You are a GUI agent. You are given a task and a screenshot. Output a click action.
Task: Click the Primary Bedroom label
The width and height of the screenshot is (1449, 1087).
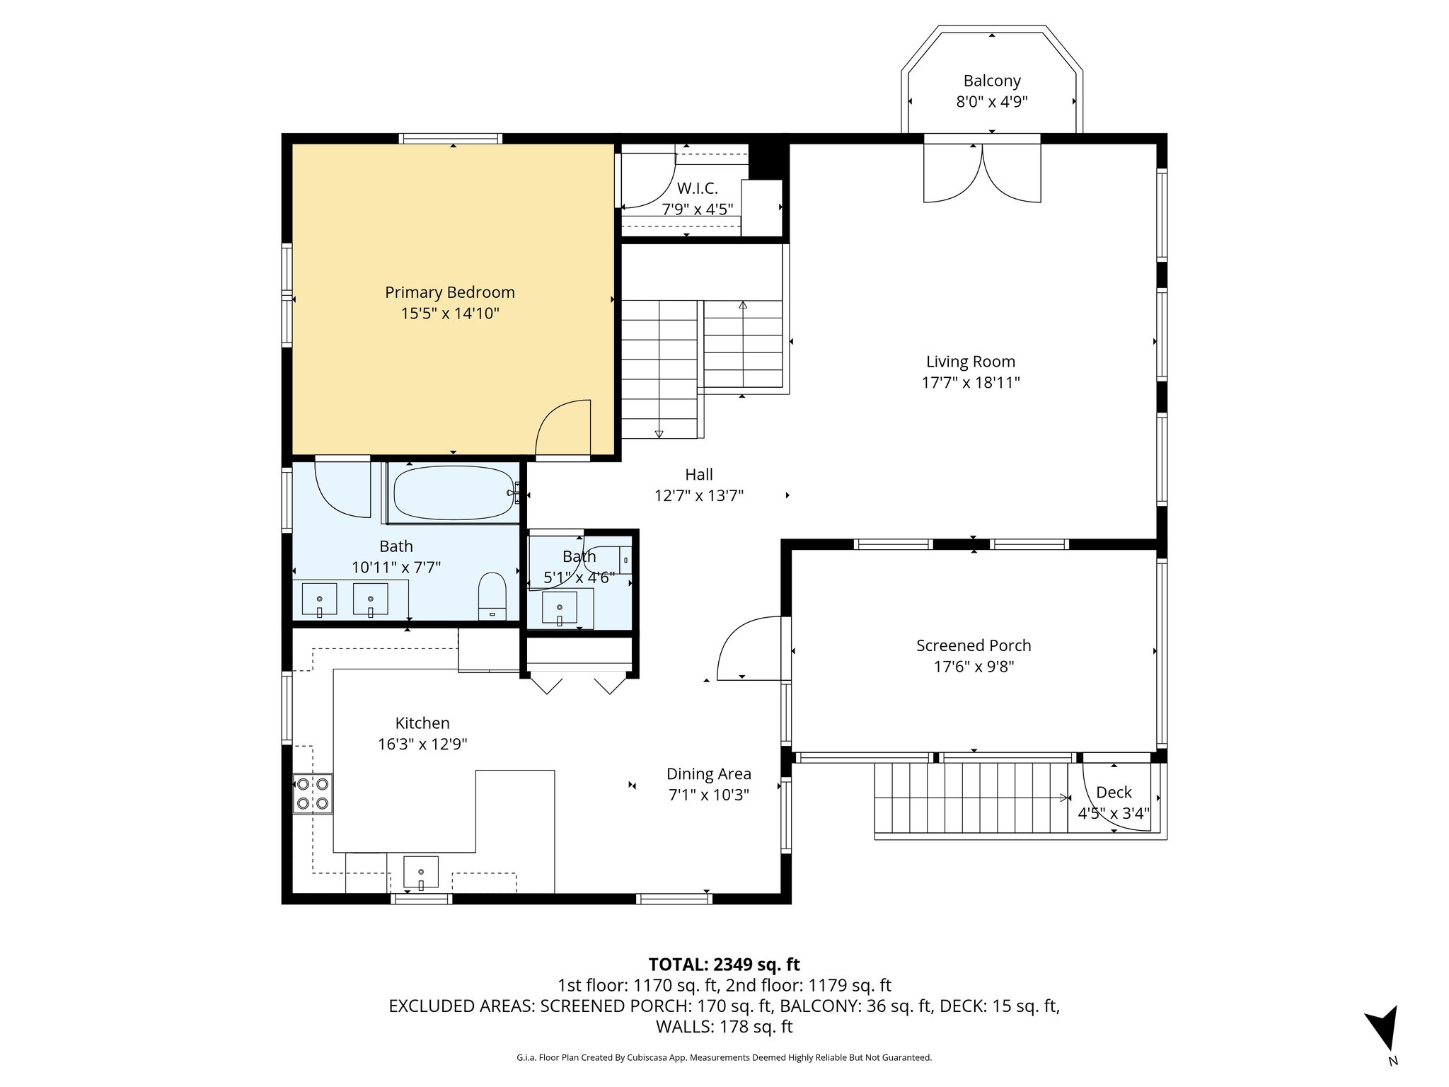pos(449,292)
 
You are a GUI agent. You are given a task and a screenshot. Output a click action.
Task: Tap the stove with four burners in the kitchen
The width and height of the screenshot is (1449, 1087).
pos(313,793)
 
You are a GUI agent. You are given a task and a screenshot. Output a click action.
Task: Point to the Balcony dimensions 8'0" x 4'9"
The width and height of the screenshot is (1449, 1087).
pos(991,102)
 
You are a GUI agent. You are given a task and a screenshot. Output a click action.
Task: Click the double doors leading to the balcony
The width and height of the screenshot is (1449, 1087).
pos(982,173)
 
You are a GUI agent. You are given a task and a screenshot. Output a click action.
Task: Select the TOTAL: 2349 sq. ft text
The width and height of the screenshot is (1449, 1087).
pos(724,965)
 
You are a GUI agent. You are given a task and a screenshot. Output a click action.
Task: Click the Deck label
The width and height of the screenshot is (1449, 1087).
pos(1114,793)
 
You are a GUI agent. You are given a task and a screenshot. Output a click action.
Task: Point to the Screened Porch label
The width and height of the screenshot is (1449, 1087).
pos(974,645)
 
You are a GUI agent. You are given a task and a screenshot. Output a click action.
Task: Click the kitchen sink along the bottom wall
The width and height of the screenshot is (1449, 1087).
pos(420,872)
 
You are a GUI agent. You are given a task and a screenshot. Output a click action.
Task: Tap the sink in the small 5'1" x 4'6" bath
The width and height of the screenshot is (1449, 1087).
pos(559,607)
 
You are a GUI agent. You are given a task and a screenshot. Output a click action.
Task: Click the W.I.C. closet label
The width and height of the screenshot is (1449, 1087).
pos(697,188)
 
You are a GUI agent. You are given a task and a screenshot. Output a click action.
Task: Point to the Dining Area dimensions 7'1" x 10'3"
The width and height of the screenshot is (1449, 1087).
pos(708,795)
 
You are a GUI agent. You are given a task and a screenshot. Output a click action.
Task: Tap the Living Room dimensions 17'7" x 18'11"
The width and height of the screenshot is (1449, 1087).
pos(970,383)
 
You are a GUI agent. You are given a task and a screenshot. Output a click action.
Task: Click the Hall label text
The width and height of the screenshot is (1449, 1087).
pos(698,475)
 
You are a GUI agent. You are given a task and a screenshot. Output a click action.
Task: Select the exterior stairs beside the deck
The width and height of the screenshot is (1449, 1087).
pos(971,798)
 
